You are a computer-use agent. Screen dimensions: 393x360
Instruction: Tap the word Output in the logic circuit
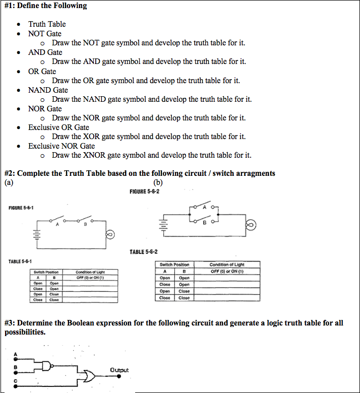coord(119,370)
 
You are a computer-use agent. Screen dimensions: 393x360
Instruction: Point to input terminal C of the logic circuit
coord(16,380)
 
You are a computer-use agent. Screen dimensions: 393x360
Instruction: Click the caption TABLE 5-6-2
coord(147,252)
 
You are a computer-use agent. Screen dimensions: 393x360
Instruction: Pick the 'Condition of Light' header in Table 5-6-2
coord(226,264)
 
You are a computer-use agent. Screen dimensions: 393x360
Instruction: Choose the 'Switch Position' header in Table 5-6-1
coord(44,272)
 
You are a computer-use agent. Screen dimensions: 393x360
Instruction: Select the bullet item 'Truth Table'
coord(47,24)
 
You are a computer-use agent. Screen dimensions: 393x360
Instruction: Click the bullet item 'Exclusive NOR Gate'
coord(61,146)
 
